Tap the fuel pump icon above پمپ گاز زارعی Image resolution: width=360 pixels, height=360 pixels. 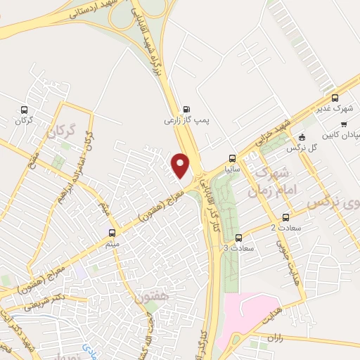tap(186, 109)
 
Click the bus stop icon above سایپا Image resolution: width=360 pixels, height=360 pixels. tap(232, 157)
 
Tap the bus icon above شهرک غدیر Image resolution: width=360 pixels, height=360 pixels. tap(335, 98)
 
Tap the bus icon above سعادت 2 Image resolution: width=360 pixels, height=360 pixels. tap(285, 217)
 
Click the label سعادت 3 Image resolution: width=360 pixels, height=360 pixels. tap(236, 248)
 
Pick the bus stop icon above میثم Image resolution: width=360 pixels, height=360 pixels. tap(112, 232)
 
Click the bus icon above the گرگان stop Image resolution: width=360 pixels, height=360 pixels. tap(25, 110)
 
